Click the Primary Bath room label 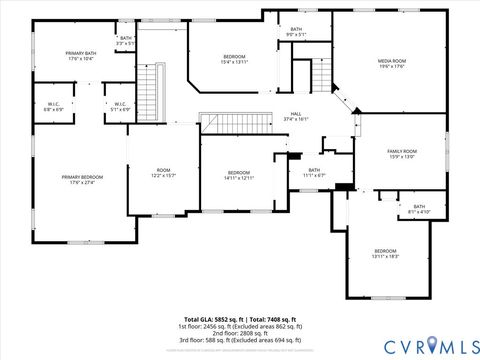pos(81,56)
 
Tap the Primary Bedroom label pos(81,180)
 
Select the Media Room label pos(391,64)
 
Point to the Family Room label pos(402,153)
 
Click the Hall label pos(296,116)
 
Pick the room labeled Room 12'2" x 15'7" pos(163,173)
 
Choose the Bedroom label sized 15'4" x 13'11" pos(234,59)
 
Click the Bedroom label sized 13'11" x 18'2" pos(386,253)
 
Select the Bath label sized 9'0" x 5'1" pos(296,32)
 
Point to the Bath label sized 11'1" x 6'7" pos(314,173)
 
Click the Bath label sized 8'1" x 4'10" pos(419,209)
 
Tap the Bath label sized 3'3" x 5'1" pos(125,41)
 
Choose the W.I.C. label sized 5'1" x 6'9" pos(119,106)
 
